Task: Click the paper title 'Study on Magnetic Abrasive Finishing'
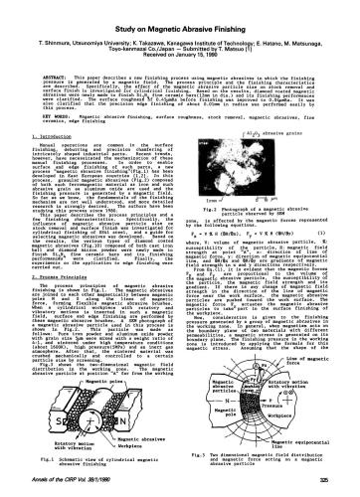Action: [x=180, y=12]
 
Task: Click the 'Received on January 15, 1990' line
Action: [x=180, y=41]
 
